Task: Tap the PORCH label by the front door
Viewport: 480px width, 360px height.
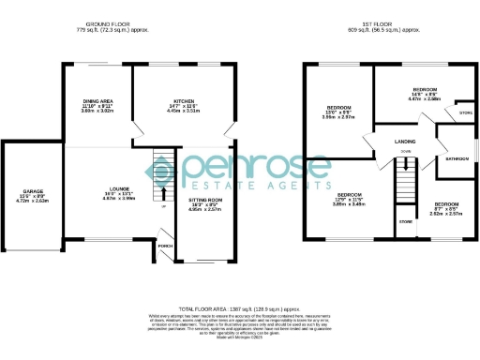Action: point(166,247)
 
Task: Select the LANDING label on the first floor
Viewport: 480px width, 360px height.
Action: point(405,142)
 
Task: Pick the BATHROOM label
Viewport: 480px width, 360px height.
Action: point(457,158)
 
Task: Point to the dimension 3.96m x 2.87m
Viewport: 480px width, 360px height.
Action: point(338,117)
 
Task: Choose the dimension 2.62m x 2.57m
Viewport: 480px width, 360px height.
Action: point(445,213)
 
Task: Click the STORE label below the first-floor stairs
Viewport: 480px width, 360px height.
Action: point(405,222)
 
